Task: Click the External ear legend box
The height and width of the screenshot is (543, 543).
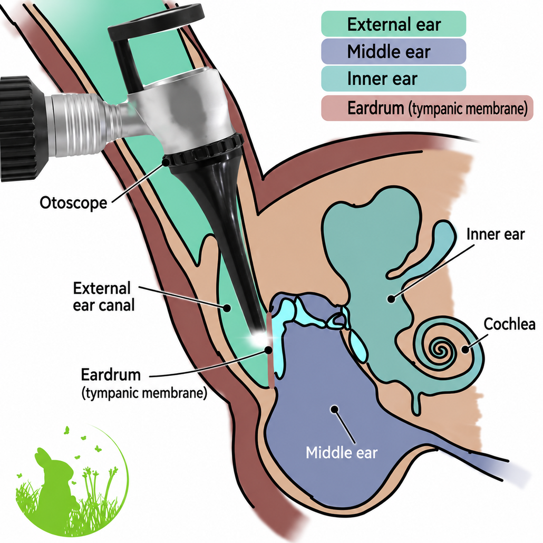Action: click(393, 24)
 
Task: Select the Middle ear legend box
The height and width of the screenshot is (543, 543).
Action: click(393, 52)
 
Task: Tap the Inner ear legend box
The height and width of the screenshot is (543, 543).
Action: click(393, 79)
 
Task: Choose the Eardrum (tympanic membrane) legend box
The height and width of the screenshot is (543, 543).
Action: click(427, 108)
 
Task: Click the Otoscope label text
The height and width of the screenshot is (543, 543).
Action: click(73, 202)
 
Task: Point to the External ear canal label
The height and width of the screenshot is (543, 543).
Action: click(103, 297)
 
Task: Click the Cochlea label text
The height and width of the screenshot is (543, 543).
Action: click(509, 324)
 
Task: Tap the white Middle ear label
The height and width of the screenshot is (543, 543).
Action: click(342, 452)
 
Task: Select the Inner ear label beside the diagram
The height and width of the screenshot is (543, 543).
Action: click(496, 234)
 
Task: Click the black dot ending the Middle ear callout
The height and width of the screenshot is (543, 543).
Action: click(335, 410)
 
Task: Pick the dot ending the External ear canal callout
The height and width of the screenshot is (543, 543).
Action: click(227, 307)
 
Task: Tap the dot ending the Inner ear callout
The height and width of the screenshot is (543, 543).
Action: click(391, 299)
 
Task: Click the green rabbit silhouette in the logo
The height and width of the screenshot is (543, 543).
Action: click(55, 478)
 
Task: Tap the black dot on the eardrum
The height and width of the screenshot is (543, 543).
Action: click(268, 350)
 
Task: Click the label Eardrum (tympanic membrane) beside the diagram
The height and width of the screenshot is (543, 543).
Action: click(144, 384)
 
